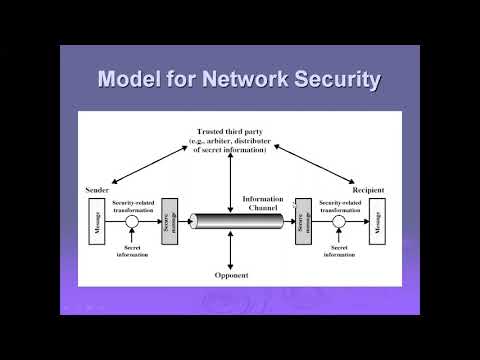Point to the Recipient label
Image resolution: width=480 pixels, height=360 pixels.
click(370, 187)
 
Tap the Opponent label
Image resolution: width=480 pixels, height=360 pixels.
click(232, 274)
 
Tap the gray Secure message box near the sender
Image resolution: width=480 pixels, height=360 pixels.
click(168, 223)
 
